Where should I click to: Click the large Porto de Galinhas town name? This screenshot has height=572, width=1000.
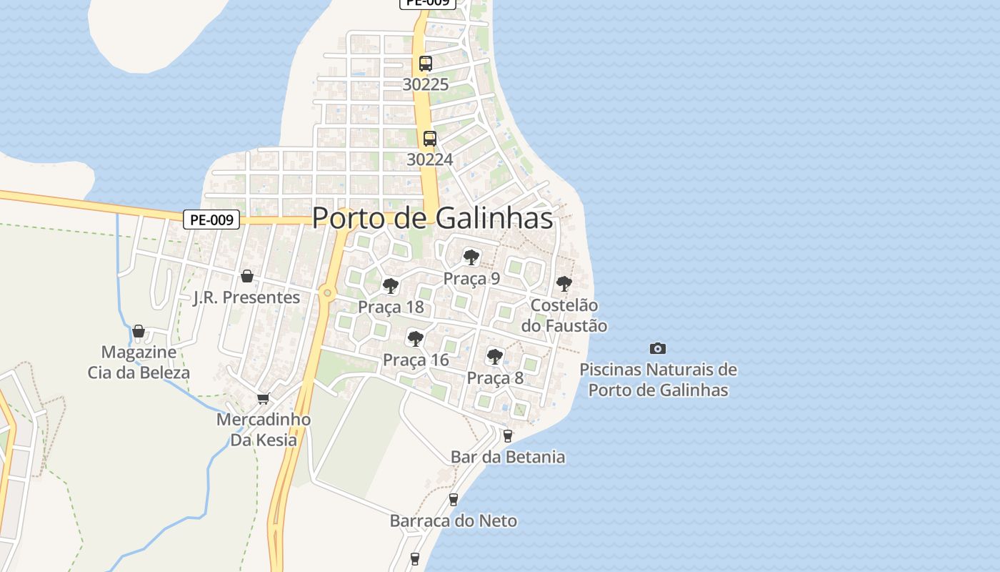tap(433, 218)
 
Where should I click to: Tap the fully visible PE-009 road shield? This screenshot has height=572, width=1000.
tap(211, 220)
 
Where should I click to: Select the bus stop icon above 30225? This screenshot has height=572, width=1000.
tap(426, 64)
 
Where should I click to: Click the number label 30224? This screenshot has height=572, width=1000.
tap(430, 159)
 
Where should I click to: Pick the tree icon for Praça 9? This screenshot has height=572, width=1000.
tap(471, 257)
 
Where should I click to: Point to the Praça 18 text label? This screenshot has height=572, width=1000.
tap(391, 307)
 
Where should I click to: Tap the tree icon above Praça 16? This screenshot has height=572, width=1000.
tap(415, 339)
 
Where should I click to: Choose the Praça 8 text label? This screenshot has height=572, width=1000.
tap(495, 378)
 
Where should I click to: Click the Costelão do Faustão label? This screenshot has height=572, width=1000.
tap(569, 315)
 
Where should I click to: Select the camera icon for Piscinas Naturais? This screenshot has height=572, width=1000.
tap(658, 349)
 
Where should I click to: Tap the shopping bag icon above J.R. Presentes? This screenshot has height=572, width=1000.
tap(247, 276)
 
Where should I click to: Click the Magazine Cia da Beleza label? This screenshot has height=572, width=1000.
tap(139, 363)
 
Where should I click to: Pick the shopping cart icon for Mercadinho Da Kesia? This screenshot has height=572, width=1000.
tap(264, 398)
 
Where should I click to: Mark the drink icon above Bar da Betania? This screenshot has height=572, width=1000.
tap(508, 435)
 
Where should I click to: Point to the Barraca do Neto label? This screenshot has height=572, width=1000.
tap(453, 521)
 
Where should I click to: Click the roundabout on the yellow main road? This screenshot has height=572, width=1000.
tap(328, 292)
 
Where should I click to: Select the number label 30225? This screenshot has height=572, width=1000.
tap(426, 84)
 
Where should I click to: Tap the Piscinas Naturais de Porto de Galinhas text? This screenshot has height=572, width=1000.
tap(658, 380)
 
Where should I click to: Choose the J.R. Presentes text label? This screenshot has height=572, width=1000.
tap(246, 297)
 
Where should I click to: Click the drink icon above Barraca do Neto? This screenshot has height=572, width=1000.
tap(453, 499)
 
